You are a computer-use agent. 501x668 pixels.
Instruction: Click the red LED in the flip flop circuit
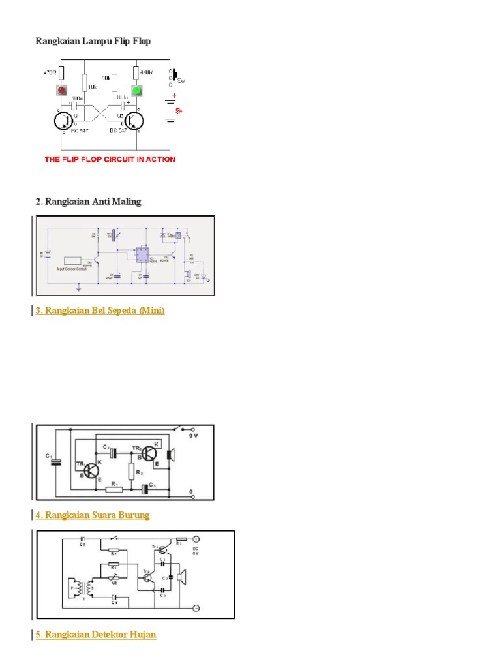click(x=61, y=91)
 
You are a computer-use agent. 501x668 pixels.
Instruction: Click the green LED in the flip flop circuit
click(x=137, y=91)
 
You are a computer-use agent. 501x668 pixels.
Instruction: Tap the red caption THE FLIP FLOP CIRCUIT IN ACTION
click(x=110, y=159)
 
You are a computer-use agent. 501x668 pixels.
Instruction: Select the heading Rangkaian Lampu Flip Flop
click(x=93, y=42)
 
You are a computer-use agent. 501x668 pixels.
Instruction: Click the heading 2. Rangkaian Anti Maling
click(x=88, y=202)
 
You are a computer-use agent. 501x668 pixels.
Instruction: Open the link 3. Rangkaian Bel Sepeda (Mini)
click(x=100, y=311)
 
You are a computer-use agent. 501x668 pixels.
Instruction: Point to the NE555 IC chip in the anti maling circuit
click(x=141, y=255)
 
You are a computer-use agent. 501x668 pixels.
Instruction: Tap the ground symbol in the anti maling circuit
click(x=78, y=285)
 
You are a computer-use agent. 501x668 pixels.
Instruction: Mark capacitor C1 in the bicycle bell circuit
click(x=57, y=462)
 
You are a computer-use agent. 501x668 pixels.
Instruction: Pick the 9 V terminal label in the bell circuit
click(x=194, y=435)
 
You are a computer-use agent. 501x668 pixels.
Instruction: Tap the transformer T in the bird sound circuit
click(x=79, y=588)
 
